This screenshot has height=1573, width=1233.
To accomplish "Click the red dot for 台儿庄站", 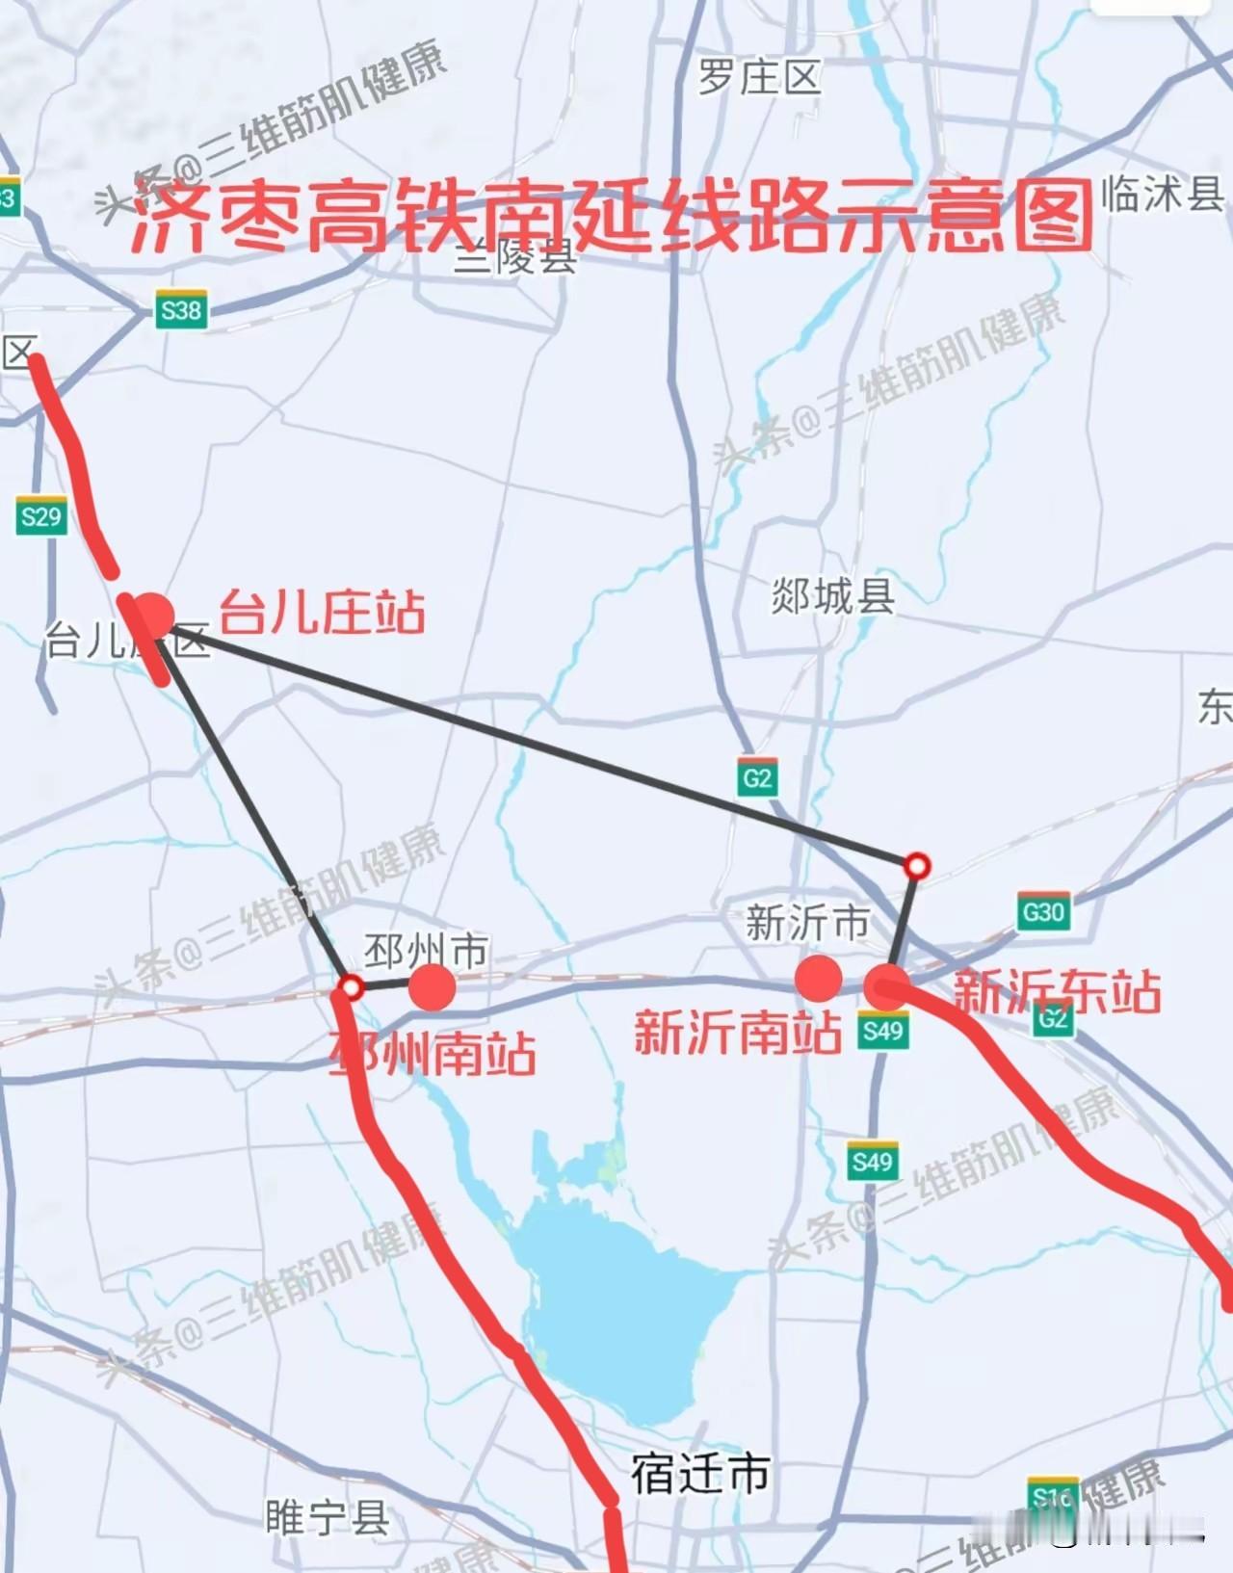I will [x=152, y=614].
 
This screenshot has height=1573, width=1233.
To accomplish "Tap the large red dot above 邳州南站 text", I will [x=432, y=987].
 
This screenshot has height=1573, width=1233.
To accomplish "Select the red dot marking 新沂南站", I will [x=818, y=979].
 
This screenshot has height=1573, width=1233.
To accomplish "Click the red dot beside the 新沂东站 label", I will [x=885, y=986].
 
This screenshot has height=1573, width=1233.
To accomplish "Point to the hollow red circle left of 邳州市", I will [x=352, y=987].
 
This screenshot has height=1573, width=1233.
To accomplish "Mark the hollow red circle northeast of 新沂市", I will [x=917, y=866].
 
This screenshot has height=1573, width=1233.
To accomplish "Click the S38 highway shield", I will [x=181, y=310].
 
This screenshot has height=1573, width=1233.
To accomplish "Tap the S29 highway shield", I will [x=40, y=517].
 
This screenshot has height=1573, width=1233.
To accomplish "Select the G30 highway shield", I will [x=1043, y=911].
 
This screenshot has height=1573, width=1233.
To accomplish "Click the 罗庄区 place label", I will [x=759, y=77].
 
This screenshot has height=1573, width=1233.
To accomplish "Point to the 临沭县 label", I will [x=1163, y=195].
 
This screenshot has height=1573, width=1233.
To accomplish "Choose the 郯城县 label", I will [x=832, y=597].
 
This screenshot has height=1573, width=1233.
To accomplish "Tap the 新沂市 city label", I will [x=807, y=924].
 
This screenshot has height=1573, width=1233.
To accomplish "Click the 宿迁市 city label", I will [x=700, y=1474].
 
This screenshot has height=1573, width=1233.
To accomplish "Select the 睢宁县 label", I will [x=328, y=1519].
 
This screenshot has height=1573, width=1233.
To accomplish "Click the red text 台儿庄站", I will [x=323, y=612].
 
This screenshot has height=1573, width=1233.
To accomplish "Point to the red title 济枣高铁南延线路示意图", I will [x=612, y=217].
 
